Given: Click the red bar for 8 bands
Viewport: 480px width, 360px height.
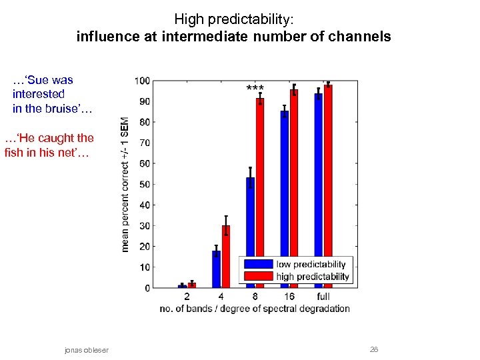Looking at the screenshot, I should click(x=260, y=193).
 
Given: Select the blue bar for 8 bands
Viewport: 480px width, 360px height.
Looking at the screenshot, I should click(x=251, y=233).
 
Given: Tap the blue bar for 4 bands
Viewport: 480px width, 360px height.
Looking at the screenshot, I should click(x=216, y=269).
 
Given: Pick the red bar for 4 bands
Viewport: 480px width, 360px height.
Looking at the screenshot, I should click(x=226, y=257).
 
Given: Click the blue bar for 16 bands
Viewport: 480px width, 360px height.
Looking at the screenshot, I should click(x=285, y=199).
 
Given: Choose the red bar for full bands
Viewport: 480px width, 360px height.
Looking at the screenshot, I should click(x=328, y=186).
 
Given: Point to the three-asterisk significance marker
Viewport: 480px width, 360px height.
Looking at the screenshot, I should click(x=255, y=89).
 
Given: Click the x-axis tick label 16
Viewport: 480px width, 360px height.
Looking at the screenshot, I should click(x=289, y=296).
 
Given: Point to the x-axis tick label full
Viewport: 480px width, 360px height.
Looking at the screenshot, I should click(x=323, y=296).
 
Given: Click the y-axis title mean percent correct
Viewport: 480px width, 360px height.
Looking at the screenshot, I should click(x=124, y=184).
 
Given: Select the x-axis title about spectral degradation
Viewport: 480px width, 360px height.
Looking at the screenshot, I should click(x=255, y=309).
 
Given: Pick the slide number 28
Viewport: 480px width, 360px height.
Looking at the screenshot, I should click(x=374, y=350).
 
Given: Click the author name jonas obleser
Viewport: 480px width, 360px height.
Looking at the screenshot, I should click(x=86, y=350).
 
